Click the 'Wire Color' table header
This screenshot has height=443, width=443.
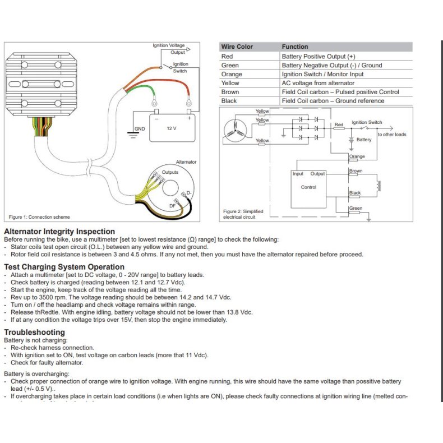point(237,47)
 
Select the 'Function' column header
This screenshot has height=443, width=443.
point(295,47)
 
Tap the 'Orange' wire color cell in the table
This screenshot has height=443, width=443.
point(232,74)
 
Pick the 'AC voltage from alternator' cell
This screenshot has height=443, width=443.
point(318,83)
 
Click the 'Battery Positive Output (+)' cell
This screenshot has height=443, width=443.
point(318,56)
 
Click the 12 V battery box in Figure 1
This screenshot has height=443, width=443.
point(172,128)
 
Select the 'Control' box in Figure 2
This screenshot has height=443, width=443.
point(308,187)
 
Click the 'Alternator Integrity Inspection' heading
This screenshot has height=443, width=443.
point(59,231)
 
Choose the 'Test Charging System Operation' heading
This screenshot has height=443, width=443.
point(61,267)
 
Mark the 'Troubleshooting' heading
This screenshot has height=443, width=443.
point(34,332)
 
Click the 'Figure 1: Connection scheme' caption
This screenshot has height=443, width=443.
point(39,217)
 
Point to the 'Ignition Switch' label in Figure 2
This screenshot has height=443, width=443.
point(367,122)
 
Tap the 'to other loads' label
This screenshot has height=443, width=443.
point(391,135)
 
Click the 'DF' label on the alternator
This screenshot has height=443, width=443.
point(172,206)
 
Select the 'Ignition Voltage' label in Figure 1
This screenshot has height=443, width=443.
point(168,45)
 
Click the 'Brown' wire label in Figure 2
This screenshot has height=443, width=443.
point(356,171)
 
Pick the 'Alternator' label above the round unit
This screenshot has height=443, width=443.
point(186,162)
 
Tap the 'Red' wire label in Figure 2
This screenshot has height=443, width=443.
point(339,125)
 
